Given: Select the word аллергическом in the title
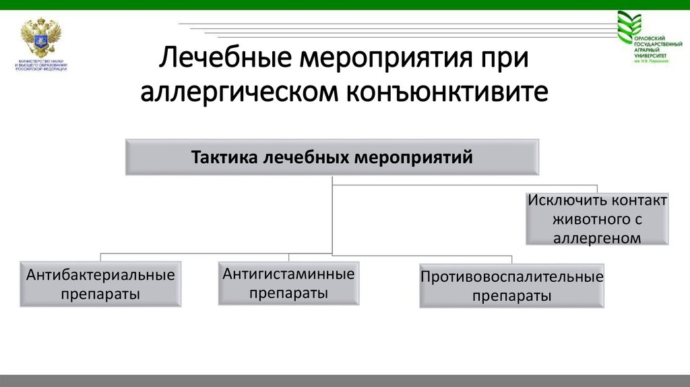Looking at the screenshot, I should pos(239,92).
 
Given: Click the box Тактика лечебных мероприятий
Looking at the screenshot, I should pos(332,157).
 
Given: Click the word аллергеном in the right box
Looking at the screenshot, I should pos(598,237).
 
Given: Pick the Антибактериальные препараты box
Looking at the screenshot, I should pos(100,285).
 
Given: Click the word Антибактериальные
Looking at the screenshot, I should pos(100,275).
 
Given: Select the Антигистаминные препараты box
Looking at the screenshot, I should pos(288,283).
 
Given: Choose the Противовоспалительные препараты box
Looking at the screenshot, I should pos(511,286).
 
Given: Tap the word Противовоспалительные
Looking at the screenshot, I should pos(511,276).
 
